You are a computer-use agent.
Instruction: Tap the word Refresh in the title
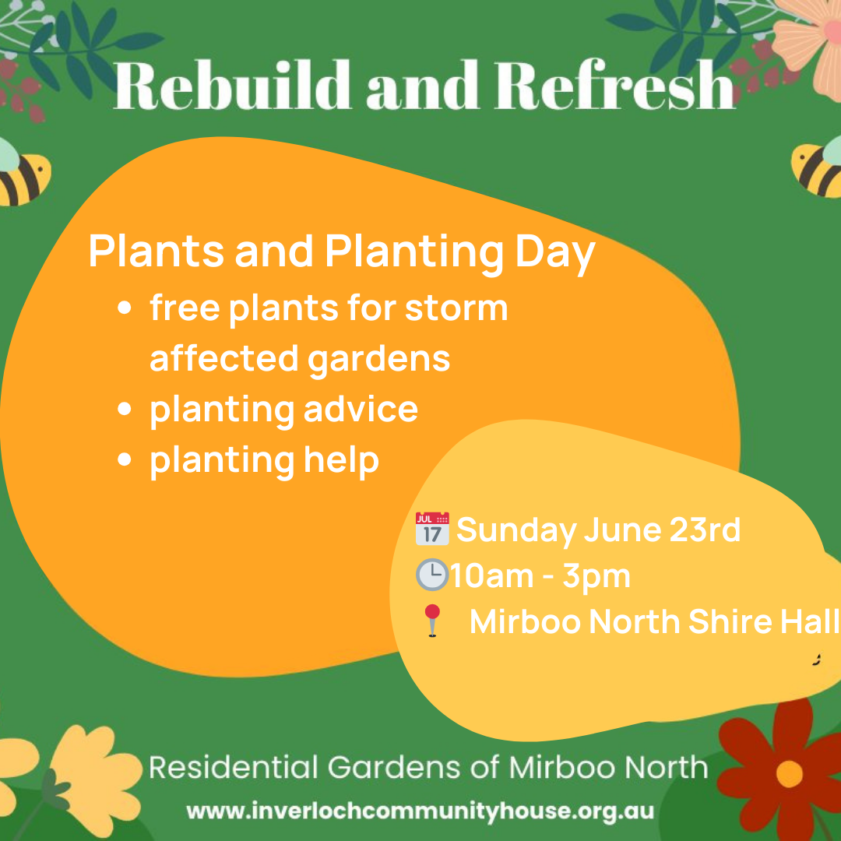[x=614, y=85]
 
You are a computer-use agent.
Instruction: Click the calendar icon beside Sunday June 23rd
[x=432, y=529]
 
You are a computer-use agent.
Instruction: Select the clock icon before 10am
[x=431, y=575]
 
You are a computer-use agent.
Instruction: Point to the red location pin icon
[x=431, y=621]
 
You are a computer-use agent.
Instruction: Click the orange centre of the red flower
[x=789, y=773]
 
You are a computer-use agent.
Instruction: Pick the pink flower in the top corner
[x=810, y=43]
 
